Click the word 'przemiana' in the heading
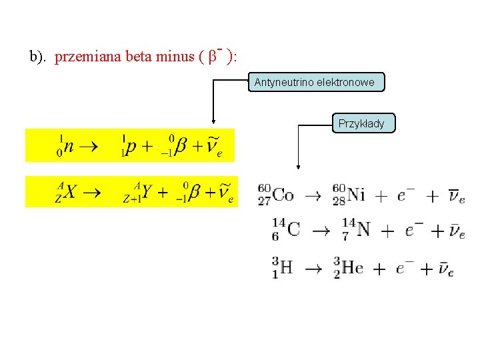click(x=83, y=57)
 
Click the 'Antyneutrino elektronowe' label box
click(x=317, y=83)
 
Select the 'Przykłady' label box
click(x=361, y=123)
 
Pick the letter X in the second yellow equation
click(x=71, y=192)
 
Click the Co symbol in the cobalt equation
click(x=283, y=195)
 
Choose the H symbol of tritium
click(x=286, y=268)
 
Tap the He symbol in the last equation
click(x=352, y=268)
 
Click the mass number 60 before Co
click(x=264, y=188)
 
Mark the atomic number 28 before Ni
click(x=339, y=201)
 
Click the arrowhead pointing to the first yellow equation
click(x=213, y=122)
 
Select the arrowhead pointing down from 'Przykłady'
click(x=297, y=169)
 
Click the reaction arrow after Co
click(x=313, y=196)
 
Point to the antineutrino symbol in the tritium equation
click(x=446, y=269)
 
